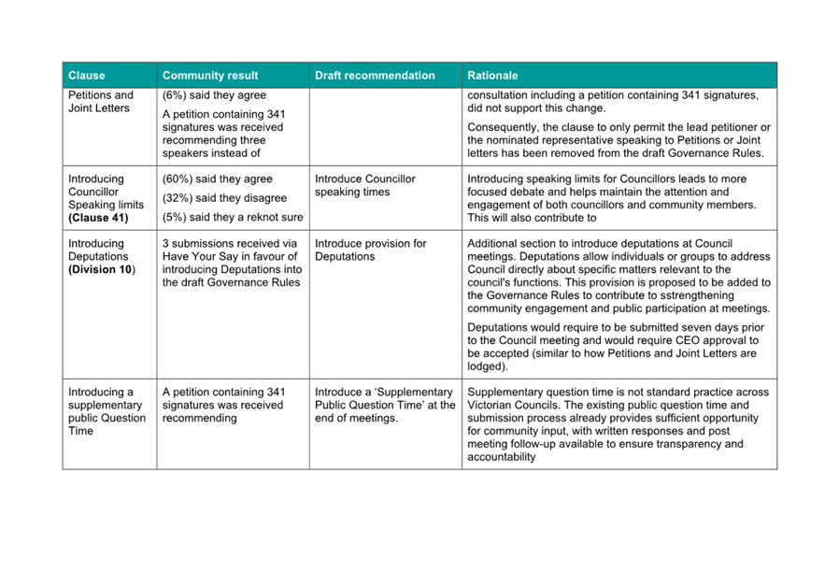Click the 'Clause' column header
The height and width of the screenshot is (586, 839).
pos(87,76)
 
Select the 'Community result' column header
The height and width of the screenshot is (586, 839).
pos(210,76)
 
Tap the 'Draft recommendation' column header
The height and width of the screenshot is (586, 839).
pos(375,76)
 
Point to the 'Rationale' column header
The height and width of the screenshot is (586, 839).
pos(492,76)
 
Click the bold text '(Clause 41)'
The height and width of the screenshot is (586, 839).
pos(98,218)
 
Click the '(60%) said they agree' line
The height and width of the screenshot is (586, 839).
pos(218,179)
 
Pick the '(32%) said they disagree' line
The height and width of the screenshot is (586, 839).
pos(224,198)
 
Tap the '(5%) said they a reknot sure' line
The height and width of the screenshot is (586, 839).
pos(233,218)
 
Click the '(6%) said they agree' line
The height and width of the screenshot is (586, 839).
pos(214,95)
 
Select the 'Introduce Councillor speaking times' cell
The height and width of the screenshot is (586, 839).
pos(365,185)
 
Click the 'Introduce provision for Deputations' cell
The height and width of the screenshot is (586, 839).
pos(371,250)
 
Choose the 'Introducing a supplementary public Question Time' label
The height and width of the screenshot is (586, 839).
pos(107,411)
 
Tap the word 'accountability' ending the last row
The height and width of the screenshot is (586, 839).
pos(502,458)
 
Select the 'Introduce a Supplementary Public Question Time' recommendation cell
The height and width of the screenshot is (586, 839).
pos(384,405)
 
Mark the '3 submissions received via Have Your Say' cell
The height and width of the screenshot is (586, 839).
pos(230,263)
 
